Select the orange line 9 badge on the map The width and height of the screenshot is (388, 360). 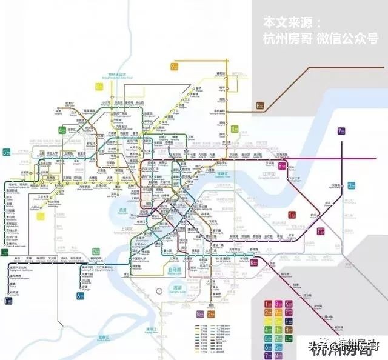click(174, 67)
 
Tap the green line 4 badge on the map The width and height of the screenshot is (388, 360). click(62, 130)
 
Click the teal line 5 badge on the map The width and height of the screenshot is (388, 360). click(6, 152)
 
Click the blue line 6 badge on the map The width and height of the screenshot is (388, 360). click(81, 296)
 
